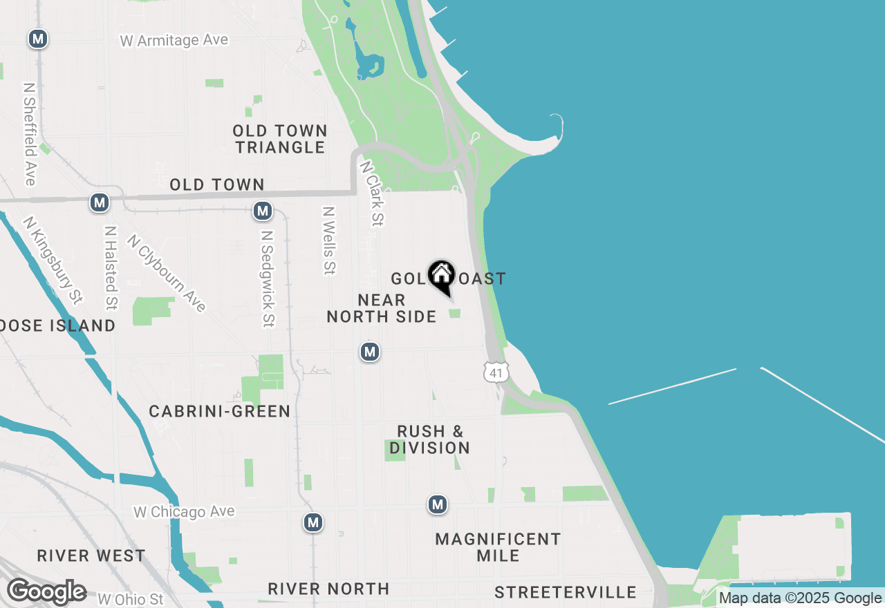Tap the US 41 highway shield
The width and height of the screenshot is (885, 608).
tap(496, 372)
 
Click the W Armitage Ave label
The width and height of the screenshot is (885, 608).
tap(174, 41)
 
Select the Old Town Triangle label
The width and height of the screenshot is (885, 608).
tap(279, 139)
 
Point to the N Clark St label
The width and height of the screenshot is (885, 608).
tap(371, 193)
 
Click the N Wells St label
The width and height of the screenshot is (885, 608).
tap(329, 240)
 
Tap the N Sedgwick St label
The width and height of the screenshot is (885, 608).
tap(268, 278)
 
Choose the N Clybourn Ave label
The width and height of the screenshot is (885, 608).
tap(167, 273)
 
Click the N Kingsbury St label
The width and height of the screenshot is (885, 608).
tap(53, 260)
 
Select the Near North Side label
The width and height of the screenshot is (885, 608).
tap(382, 308)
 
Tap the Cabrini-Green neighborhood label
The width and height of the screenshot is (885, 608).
tap(220, 412)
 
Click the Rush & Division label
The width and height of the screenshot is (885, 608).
tap(430, 439)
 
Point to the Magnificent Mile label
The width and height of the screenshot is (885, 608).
tap(498, 547)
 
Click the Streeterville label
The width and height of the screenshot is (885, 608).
tap(566, 592)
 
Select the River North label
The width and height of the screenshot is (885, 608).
tap(328, 589)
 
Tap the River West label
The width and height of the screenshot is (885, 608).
tap(91, 555)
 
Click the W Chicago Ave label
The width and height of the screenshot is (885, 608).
tap(184, 512)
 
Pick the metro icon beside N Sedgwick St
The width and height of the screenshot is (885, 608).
tap(262, 211)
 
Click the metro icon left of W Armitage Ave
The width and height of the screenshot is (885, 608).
tap(38, 39)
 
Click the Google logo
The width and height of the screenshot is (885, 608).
tap(46, 592)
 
